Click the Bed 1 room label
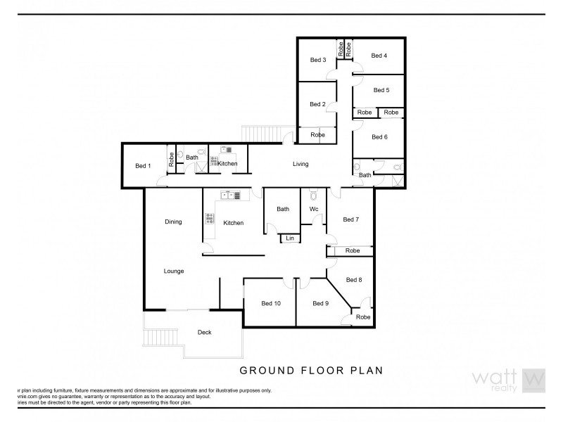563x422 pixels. (x=143, y=166)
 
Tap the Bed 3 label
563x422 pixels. (x=318, y=60)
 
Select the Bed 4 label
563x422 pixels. (x=379, y=56)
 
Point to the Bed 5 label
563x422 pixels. (x=381, y=90)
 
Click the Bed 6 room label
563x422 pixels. (x=380, y=136)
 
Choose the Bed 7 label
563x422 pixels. (x=351, y=219)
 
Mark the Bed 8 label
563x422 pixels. (x=355, y=280)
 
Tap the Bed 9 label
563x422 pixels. (x=322, y=303)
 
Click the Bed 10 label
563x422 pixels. (x=271, y=303)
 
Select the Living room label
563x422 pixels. (x=301, y=164)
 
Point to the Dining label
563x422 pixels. (x=173, y=222)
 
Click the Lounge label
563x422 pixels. (x=174, y=270)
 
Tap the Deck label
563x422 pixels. (x=204, y=333)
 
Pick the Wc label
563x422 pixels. (x=314, y=209)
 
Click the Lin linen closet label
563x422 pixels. (x=289, y=238)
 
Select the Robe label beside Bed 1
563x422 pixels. (x=171, y=159)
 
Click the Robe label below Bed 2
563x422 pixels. (x=318, y=134)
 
